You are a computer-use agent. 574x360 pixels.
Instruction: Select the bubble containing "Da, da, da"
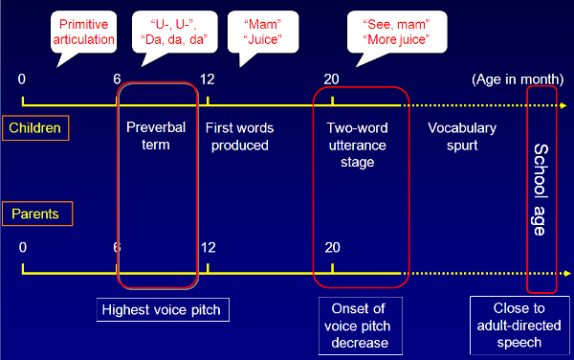[x=180, y=31]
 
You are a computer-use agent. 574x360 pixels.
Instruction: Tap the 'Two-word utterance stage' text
[x=355, y=145]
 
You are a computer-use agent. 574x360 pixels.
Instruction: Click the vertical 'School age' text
[x=541, y=190]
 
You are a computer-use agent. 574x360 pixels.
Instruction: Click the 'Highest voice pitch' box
[x=166, y=310]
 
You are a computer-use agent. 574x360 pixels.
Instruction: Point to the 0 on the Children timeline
[x=23, y=79]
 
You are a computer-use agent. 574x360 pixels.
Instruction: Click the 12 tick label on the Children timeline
[x=208, y=79]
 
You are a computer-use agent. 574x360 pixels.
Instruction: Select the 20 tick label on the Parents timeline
[x=332, y=247]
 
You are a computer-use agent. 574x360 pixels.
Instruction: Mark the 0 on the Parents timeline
[x=23, y=247]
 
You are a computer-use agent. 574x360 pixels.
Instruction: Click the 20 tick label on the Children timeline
[x=332, y=79]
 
